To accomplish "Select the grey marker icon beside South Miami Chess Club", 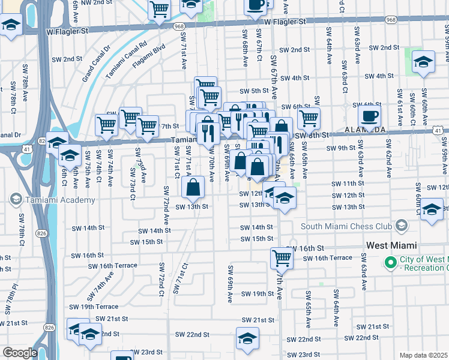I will point(402,226).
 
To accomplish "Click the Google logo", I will point(20,353).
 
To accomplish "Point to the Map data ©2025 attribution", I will point(423,355).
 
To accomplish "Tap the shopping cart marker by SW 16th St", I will point(282,258).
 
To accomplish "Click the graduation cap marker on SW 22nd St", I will point(247,338).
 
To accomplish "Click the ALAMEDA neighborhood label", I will point(364,130).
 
